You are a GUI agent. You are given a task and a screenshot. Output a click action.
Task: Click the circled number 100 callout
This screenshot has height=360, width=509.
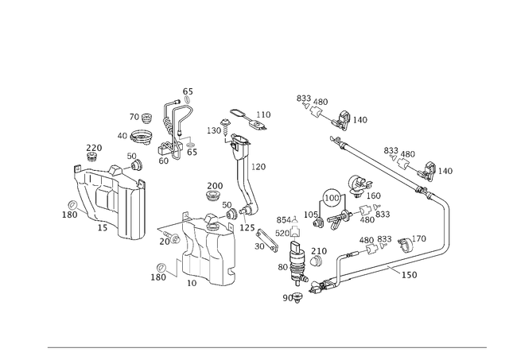(x=332, y=198)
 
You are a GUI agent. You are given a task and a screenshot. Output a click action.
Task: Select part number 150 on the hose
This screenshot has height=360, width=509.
(x=409, y=275)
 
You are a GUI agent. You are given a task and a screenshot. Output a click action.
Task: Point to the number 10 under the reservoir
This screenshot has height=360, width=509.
(x=192, y=283)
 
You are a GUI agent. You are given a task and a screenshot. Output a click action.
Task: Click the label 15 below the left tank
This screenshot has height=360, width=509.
(x=103, y=227)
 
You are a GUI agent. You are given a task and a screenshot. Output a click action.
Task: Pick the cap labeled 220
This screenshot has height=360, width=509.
(x=93, y=157)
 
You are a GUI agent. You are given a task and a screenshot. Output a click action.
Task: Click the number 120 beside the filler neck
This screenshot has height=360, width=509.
(x=258, y=167)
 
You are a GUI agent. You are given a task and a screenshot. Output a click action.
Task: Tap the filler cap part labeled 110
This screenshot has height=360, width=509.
(x=249, y=119)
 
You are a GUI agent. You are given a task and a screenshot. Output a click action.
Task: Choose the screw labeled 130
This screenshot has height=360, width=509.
(x=224, y=128)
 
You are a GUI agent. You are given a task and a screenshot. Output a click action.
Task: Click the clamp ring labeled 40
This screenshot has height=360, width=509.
(x=142, y=137)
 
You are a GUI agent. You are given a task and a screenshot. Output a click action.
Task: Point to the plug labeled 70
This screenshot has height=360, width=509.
(x=147, y=118)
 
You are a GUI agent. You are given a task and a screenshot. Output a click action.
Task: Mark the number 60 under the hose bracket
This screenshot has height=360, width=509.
(x=164, y=161)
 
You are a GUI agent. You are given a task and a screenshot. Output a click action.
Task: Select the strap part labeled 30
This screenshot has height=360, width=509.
(x=267, y=241)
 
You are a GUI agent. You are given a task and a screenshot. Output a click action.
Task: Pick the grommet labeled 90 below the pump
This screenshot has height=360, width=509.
(x=297, y=297)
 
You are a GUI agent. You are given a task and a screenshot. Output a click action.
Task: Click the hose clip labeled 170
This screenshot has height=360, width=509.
(x=405, y=246)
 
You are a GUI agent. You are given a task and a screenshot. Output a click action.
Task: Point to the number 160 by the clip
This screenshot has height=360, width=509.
(x=373, y=195)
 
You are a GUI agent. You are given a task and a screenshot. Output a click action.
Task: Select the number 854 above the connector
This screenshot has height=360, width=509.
(x=284, y=220)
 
